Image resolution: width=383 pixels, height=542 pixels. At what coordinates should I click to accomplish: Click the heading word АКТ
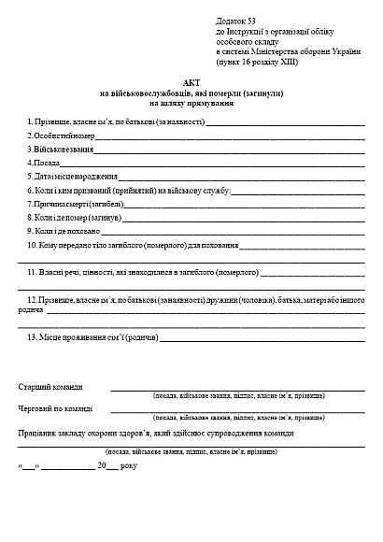[191, 84]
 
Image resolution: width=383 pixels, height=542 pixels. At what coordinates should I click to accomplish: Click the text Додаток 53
[235, 20]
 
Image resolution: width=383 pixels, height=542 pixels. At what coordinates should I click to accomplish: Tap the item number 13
[33, 336]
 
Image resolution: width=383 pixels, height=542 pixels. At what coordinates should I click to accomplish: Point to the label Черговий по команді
[55, 409]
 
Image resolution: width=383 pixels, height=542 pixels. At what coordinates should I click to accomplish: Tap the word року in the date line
[128, 464]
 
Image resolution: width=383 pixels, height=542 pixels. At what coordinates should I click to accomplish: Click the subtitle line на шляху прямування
[191, 104]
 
